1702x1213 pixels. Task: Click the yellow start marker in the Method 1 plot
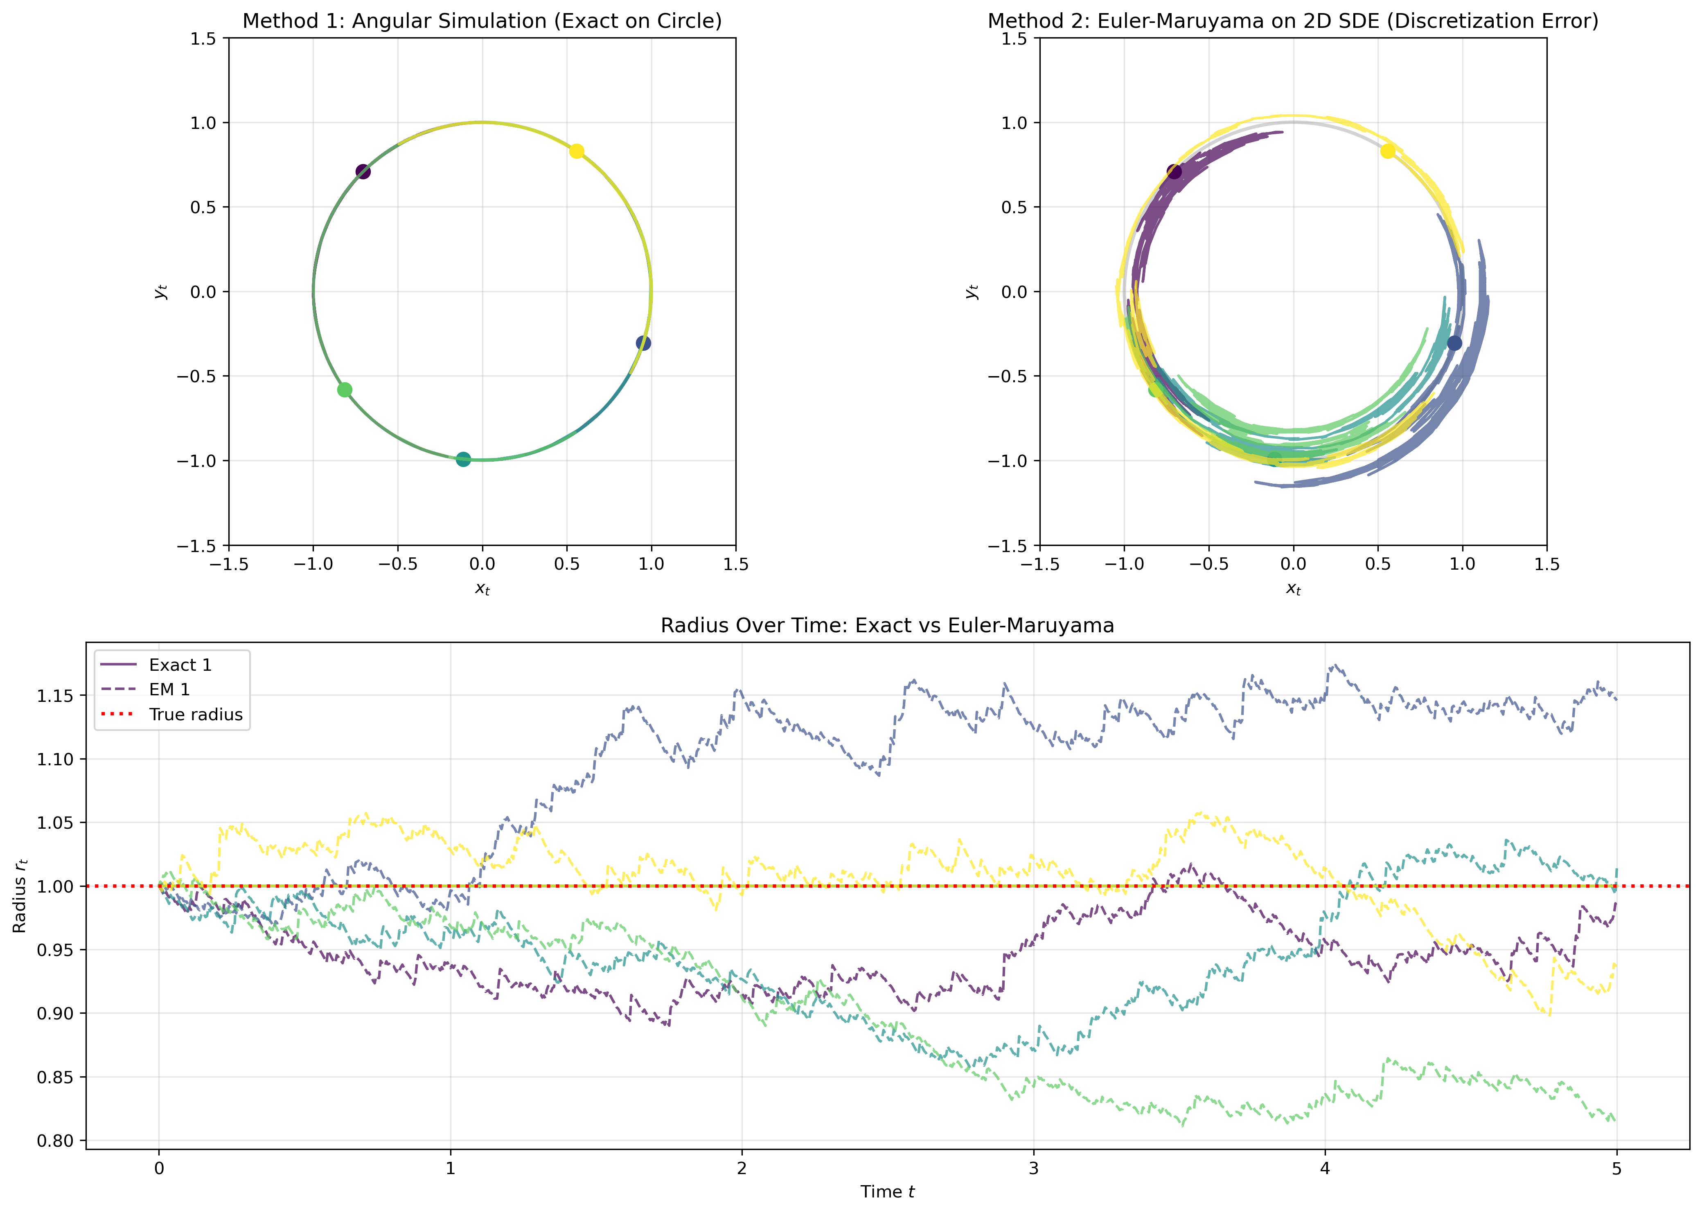point(577,151)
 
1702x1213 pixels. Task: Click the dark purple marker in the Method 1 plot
point(363,172)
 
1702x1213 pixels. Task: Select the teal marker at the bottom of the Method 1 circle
point(463,459)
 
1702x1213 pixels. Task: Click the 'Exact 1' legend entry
point(179,665)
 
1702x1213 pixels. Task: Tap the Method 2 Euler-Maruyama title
point(1293,21)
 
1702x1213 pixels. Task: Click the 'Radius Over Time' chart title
point(887,625)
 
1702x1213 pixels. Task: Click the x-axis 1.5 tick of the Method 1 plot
point(736,564)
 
